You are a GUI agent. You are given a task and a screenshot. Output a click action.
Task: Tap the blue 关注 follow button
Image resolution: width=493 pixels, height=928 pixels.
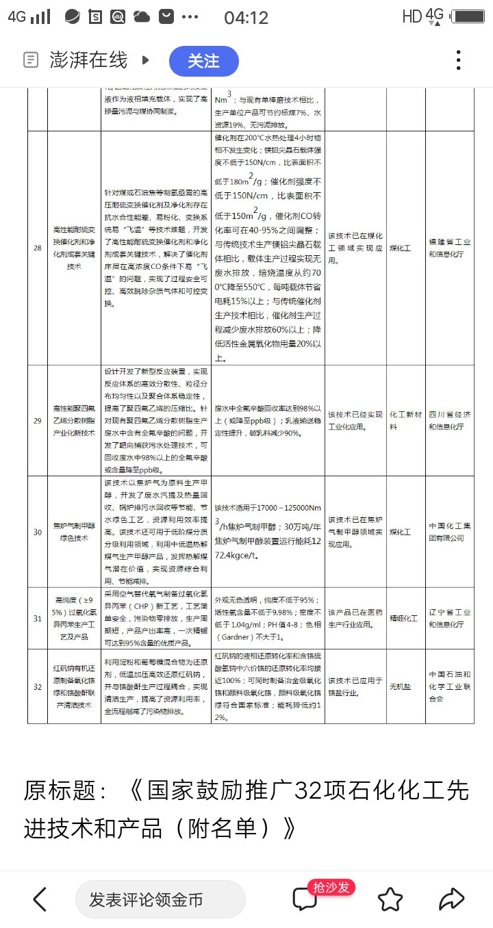(x=203, y=61)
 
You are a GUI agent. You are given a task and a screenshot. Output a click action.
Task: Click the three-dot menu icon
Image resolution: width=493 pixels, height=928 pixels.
(x=459, y=60)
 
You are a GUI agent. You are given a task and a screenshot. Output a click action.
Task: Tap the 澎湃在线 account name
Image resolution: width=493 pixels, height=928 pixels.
(x=88, y=60)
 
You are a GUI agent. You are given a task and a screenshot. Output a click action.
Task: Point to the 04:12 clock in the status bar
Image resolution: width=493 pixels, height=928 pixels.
(x=246, y=17)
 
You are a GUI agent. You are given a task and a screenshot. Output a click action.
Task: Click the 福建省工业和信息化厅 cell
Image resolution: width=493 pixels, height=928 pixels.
(x=449, y=248)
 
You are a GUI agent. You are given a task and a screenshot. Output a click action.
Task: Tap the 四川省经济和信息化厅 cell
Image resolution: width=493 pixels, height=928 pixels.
(x=449, y=420)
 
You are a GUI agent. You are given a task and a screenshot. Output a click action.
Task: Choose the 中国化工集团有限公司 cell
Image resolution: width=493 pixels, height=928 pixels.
(x=449, y=532)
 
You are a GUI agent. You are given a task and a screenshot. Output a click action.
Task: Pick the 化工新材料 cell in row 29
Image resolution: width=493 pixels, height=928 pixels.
(x=405, y=420)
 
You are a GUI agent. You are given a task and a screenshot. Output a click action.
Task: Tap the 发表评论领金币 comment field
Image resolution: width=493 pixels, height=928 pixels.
(x=160, y=899)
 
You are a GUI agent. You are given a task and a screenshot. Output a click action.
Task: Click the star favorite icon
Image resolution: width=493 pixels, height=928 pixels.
(x=390, y=899)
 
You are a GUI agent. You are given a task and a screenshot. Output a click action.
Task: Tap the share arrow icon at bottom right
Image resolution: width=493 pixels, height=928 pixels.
(x=452, y=899)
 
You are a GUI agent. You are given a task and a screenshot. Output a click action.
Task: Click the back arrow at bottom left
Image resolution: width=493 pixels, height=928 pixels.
(x=40, y=899)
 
